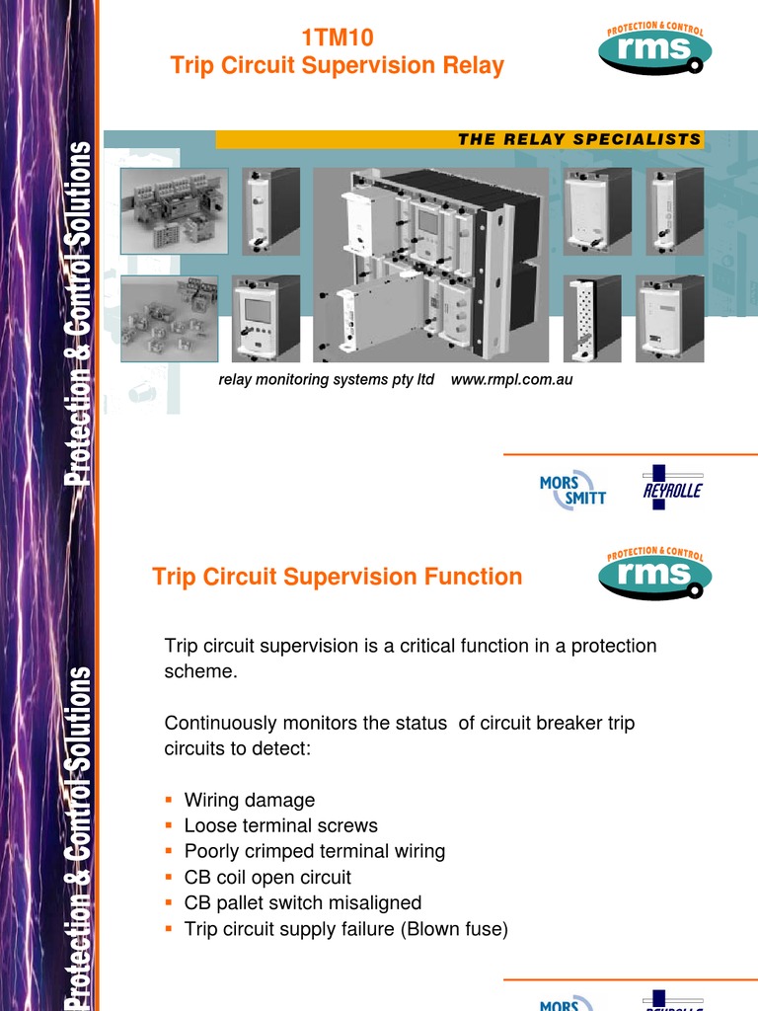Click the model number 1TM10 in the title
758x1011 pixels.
coord(337,39)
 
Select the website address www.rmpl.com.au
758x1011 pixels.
coord(511,380)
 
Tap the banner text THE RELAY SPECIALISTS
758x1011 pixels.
coord(579,139)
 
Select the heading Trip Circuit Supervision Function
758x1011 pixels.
coord(337,577)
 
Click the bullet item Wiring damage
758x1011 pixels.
coord(249,800)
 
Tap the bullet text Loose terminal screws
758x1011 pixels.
coord(280,825)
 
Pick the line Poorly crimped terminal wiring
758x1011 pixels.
coord(314,851)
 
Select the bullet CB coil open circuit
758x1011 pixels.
coord(266,877)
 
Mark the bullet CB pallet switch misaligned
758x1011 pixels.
coord(302,902)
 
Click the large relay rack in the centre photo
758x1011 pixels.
coord(426,262)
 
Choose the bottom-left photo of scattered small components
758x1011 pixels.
coord(174,318)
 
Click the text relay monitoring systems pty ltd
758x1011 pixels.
coord(326,380)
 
